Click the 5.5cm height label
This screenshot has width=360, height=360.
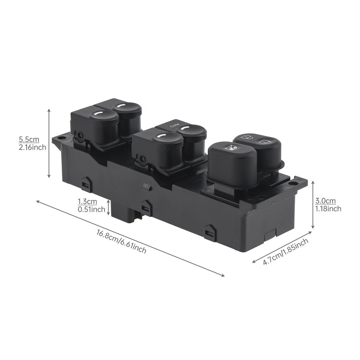tap(29, 140)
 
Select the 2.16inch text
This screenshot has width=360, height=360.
tap(32, 147)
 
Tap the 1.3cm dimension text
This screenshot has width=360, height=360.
tap(87, 202)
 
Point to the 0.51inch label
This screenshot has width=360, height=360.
tap(91, 210)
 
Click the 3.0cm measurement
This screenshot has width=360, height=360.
tap(325, 201)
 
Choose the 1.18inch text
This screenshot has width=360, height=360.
tap(328, 209)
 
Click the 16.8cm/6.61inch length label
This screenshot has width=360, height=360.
tap(121, 242)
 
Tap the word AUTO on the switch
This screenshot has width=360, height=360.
tap(174, 125)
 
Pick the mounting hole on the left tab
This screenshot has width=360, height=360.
tap(62, 137)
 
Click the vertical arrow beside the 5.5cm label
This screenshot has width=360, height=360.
tap(49, 143)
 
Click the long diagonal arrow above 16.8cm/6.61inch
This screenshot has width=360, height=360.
tap(130, 238)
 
